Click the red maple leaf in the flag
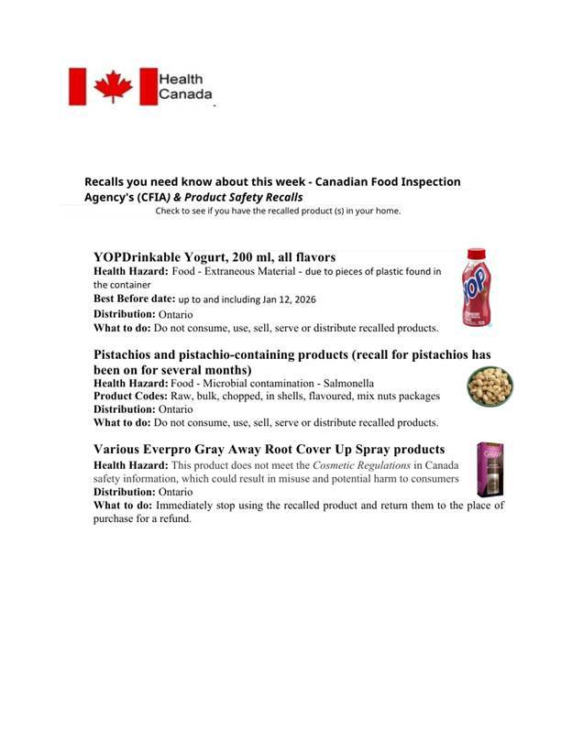click(x=113, y=87)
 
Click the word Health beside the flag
click(x=181, y=80)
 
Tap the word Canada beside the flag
click(x=185, y=94)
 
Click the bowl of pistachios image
click(x=489, y=386)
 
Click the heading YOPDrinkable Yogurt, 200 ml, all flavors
click(x=214, y=257)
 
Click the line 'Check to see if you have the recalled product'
click(x=278, y=211)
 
